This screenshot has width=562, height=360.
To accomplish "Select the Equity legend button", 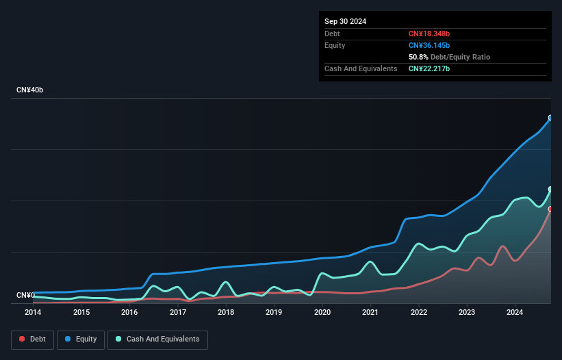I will [x=81, y=339].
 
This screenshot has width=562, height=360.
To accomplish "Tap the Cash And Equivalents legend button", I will [x=157, y=339].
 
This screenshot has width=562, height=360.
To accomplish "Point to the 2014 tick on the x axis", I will [x=33, y=313].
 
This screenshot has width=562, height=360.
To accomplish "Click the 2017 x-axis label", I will [x=178, y=313].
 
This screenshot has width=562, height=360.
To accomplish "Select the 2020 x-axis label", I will [x=322, y=313].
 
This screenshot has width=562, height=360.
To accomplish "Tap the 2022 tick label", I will [x=419, y=313].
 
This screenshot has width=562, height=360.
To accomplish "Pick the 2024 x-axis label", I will [x=515, y=313].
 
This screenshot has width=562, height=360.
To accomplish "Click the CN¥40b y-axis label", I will [x=29, y=90].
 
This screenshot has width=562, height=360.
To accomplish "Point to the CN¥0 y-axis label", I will [x=25, y=295].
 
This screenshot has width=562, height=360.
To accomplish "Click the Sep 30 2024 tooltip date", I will [x=345, y=21].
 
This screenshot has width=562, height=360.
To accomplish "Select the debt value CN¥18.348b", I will [x=429, y=34].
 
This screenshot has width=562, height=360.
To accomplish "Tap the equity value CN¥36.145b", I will [x=429, y=45].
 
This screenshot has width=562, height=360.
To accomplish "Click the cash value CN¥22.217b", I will [x=429, y=68].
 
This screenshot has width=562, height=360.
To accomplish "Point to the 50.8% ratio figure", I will [x=418, y=57].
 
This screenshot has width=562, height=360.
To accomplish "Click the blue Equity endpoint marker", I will [x=550, y=118].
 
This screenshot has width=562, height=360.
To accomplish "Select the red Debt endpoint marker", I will [x=550, y=209].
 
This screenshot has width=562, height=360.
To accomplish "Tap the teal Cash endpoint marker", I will [x=550, y=189].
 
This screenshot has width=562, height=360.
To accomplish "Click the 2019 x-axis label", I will [x=274, y=313].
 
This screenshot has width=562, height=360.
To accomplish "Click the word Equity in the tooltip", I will [x=335, y=45].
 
